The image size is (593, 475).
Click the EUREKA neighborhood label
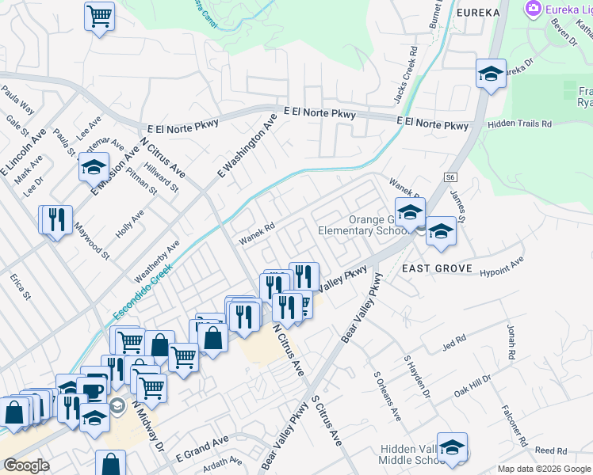coord(478,13)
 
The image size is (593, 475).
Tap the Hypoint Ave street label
coord(502,266)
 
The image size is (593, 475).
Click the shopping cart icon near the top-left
coord(99,15)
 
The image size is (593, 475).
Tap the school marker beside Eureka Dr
coord(491,74)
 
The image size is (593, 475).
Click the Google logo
coord(26,465)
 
